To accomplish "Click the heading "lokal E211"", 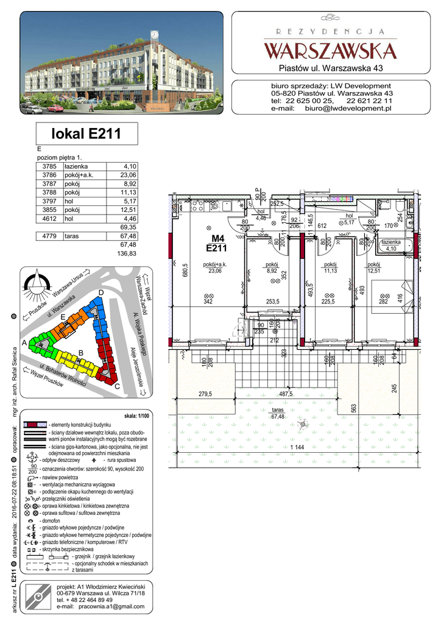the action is pyautogui.click(x=86, y=133).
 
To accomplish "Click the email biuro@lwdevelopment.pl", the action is pyautogui.click(x=348, y=108).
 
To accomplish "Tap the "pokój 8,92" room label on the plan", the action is pyautogui.click(x=272, y=268).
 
